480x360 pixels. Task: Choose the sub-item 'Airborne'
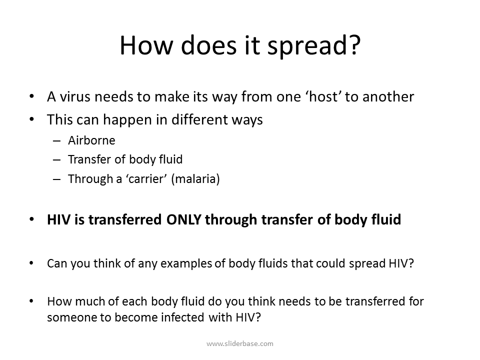[91, 141]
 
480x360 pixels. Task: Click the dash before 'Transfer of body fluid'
[56, 160]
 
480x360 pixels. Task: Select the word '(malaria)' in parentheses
[195, 179]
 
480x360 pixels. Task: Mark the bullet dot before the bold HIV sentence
[32, 219]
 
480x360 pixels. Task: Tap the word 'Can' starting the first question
[56, 263]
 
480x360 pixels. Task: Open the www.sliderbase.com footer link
[240, 343]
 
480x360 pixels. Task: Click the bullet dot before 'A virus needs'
[32, 96]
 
